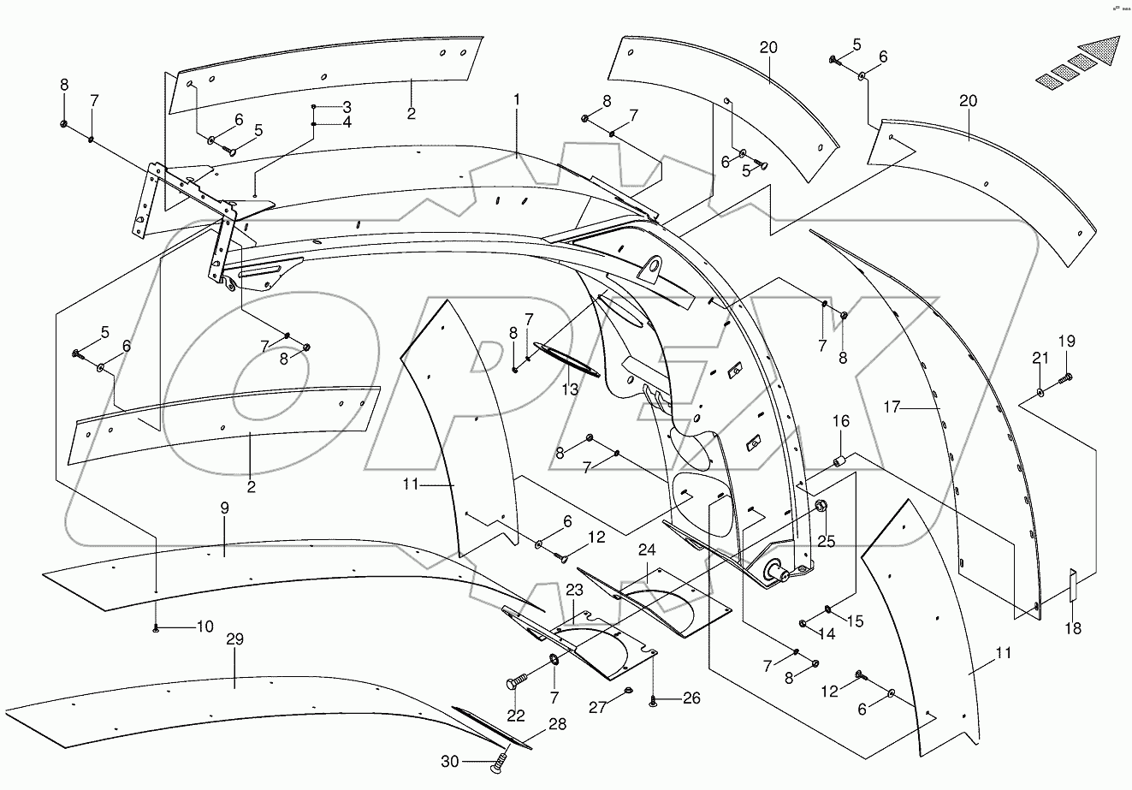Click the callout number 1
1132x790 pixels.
pos(517,100)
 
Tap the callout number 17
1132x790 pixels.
pos(892,407)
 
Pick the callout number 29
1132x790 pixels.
pos(234,639)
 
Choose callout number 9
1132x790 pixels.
pos(224,508)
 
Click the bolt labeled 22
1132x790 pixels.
pos(513,682)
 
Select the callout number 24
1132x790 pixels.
pos(646,550)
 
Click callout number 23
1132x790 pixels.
pos(573,590)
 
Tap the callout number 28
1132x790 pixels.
pos(557,725)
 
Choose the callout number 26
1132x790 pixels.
pos(690,699)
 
